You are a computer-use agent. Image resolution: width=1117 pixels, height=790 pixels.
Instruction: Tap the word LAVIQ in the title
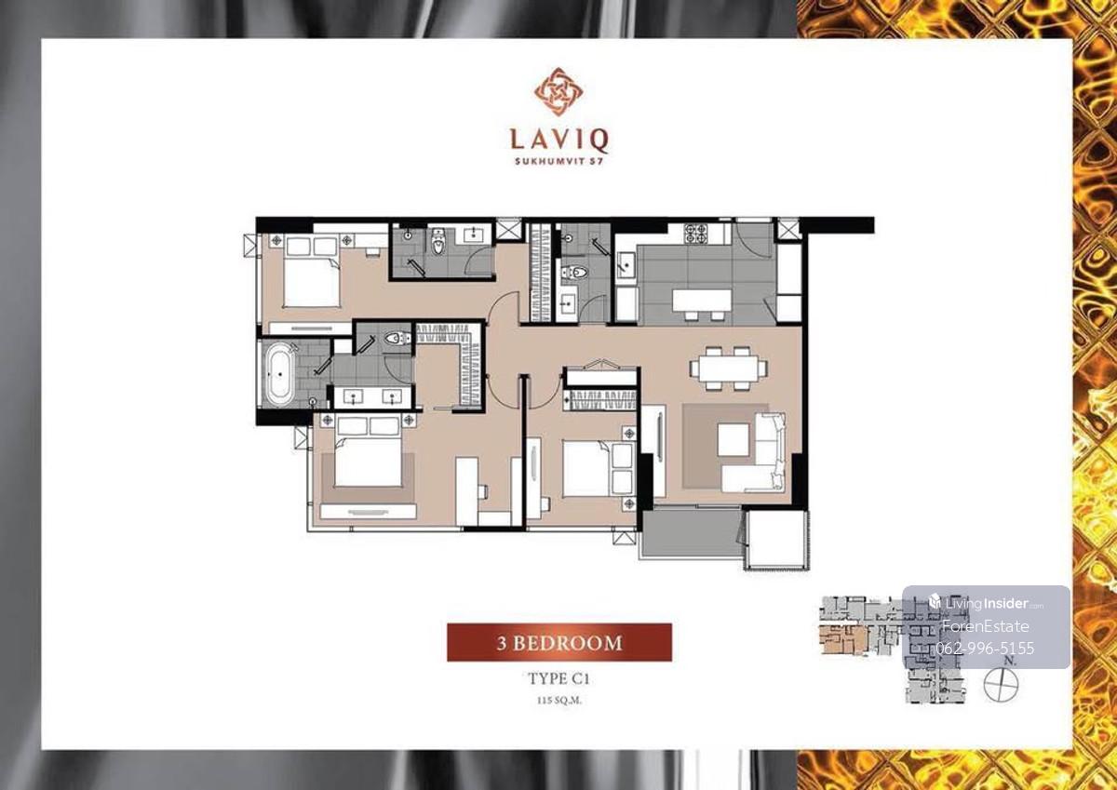[x=559, y=141]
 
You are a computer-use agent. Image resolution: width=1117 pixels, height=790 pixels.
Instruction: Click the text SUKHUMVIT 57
[x=559, y=161]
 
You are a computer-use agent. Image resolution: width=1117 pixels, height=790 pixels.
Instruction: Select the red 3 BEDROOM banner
[x=559, y=642]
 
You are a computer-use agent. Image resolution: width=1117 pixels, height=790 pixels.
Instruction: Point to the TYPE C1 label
[x=558, y=679]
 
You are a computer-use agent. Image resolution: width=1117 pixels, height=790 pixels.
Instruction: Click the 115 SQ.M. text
[x=559, y=700]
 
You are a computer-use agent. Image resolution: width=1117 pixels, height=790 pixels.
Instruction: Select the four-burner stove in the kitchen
[x=696, y=234]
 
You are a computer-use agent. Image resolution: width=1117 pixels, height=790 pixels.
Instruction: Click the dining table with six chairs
[x=729, y=368]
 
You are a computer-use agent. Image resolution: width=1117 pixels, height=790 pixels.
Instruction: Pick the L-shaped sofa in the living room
[x=754, y=452]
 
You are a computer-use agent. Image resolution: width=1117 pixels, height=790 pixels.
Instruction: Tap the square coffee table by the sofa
[x=733, y=439]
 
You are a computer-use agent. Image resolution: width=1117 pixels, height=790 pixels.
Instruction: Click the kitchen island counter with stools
[x=702, y=303]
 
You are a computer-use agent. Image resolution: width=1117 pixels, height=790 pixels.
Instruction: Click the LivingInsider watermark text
[x=986, y=604]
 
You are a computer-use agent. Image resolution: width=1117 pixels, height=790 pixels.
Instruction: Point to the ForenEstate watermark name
[x=986, y=626]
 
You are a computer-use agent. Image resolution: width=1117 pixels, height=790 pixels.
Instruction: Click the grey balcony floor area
[x=691, y=533]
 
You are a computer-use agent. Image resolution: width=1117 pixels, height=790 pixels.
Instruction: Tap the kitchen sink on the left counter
[x=626, y=263]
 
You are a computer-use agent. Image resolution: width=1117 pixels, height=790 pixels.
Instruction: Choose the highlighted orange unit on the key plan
[x=842, y=640]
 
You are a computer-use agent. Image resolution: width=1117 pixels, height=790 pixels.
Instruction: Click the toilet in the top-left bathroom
[x=437, y=242]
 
